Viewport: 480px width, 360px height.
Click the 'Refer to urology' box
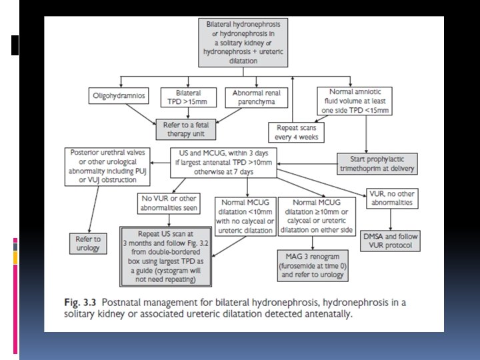(x=87, y=243)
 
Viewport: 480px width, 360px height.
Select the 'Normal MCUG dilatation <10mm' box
(x=245, y=216)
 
